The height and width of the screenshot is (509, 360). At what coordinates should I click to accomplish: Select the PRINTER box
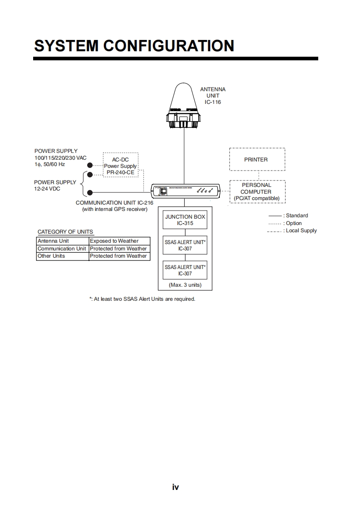257,160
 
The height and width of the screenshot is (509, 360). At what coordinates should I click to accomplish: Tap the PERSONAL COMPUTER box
257,191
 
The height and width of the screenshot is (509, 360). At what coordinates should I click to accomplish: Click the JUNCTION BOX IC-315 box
185,220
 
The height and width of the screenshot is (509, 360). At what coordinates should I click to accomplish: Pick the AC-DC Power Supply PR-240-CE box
120,166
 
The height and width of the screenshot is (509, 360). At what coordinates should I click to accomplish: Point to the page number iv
176,487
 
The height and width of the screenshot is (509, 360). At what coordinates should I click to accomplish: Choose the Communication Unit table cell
62,249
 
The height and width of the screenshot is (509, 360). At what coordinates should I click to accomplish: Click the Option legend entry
294,223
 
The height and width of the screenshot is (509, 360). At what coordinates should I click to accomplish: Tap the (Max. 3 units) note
185,285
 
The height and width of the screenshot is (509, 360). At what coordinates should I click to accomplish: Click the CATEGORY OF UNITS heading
65,232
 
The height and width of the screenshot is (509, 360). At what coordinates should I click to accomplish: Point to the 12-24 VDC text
47,189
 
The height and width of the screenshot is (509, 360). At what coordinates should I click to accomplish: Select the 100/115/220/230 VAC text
60,157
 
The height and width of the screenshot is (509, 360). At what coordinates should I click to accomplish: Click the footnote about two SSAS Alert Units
142,299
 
